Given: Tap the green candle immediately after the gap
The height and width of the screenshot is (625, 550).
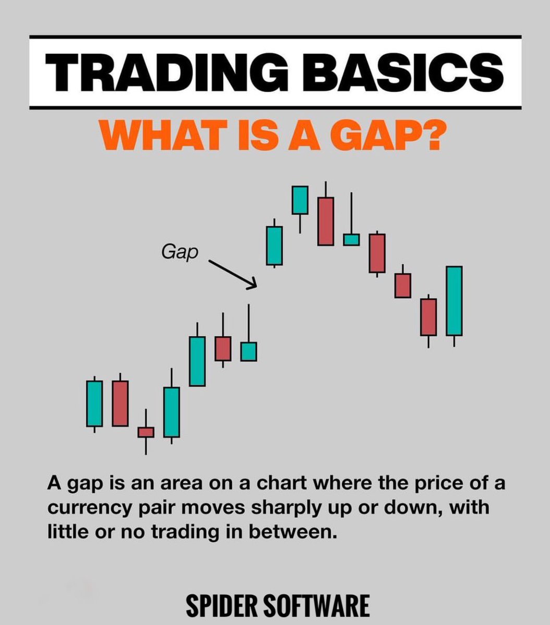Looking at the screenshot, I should pos(274,245).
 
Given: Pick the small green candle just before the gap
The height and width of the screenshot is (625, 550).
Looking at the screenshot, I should pos(248,351).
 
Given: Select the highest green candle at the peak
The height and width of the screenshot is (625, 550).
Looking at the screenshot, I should pos(300,200).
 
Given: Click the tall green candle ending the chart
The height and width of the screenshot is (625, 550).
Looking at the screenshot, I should pos(454,301).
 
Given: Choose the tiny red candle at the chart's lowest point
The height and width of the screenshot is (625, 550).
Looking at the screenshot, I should pos(146,432).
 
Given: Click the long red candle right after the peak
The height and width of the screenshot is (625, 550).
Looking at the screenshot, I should pos(326,221).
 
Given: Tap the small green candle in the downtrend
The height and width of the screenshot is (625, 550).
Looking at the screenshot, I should pos(351,239).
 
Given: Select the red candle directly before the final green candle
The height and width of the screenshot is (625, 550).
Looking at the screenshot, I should pos(429,317).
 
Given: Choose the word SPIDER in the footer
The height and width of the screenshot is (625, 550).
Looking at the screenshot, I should pos(221,606).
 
